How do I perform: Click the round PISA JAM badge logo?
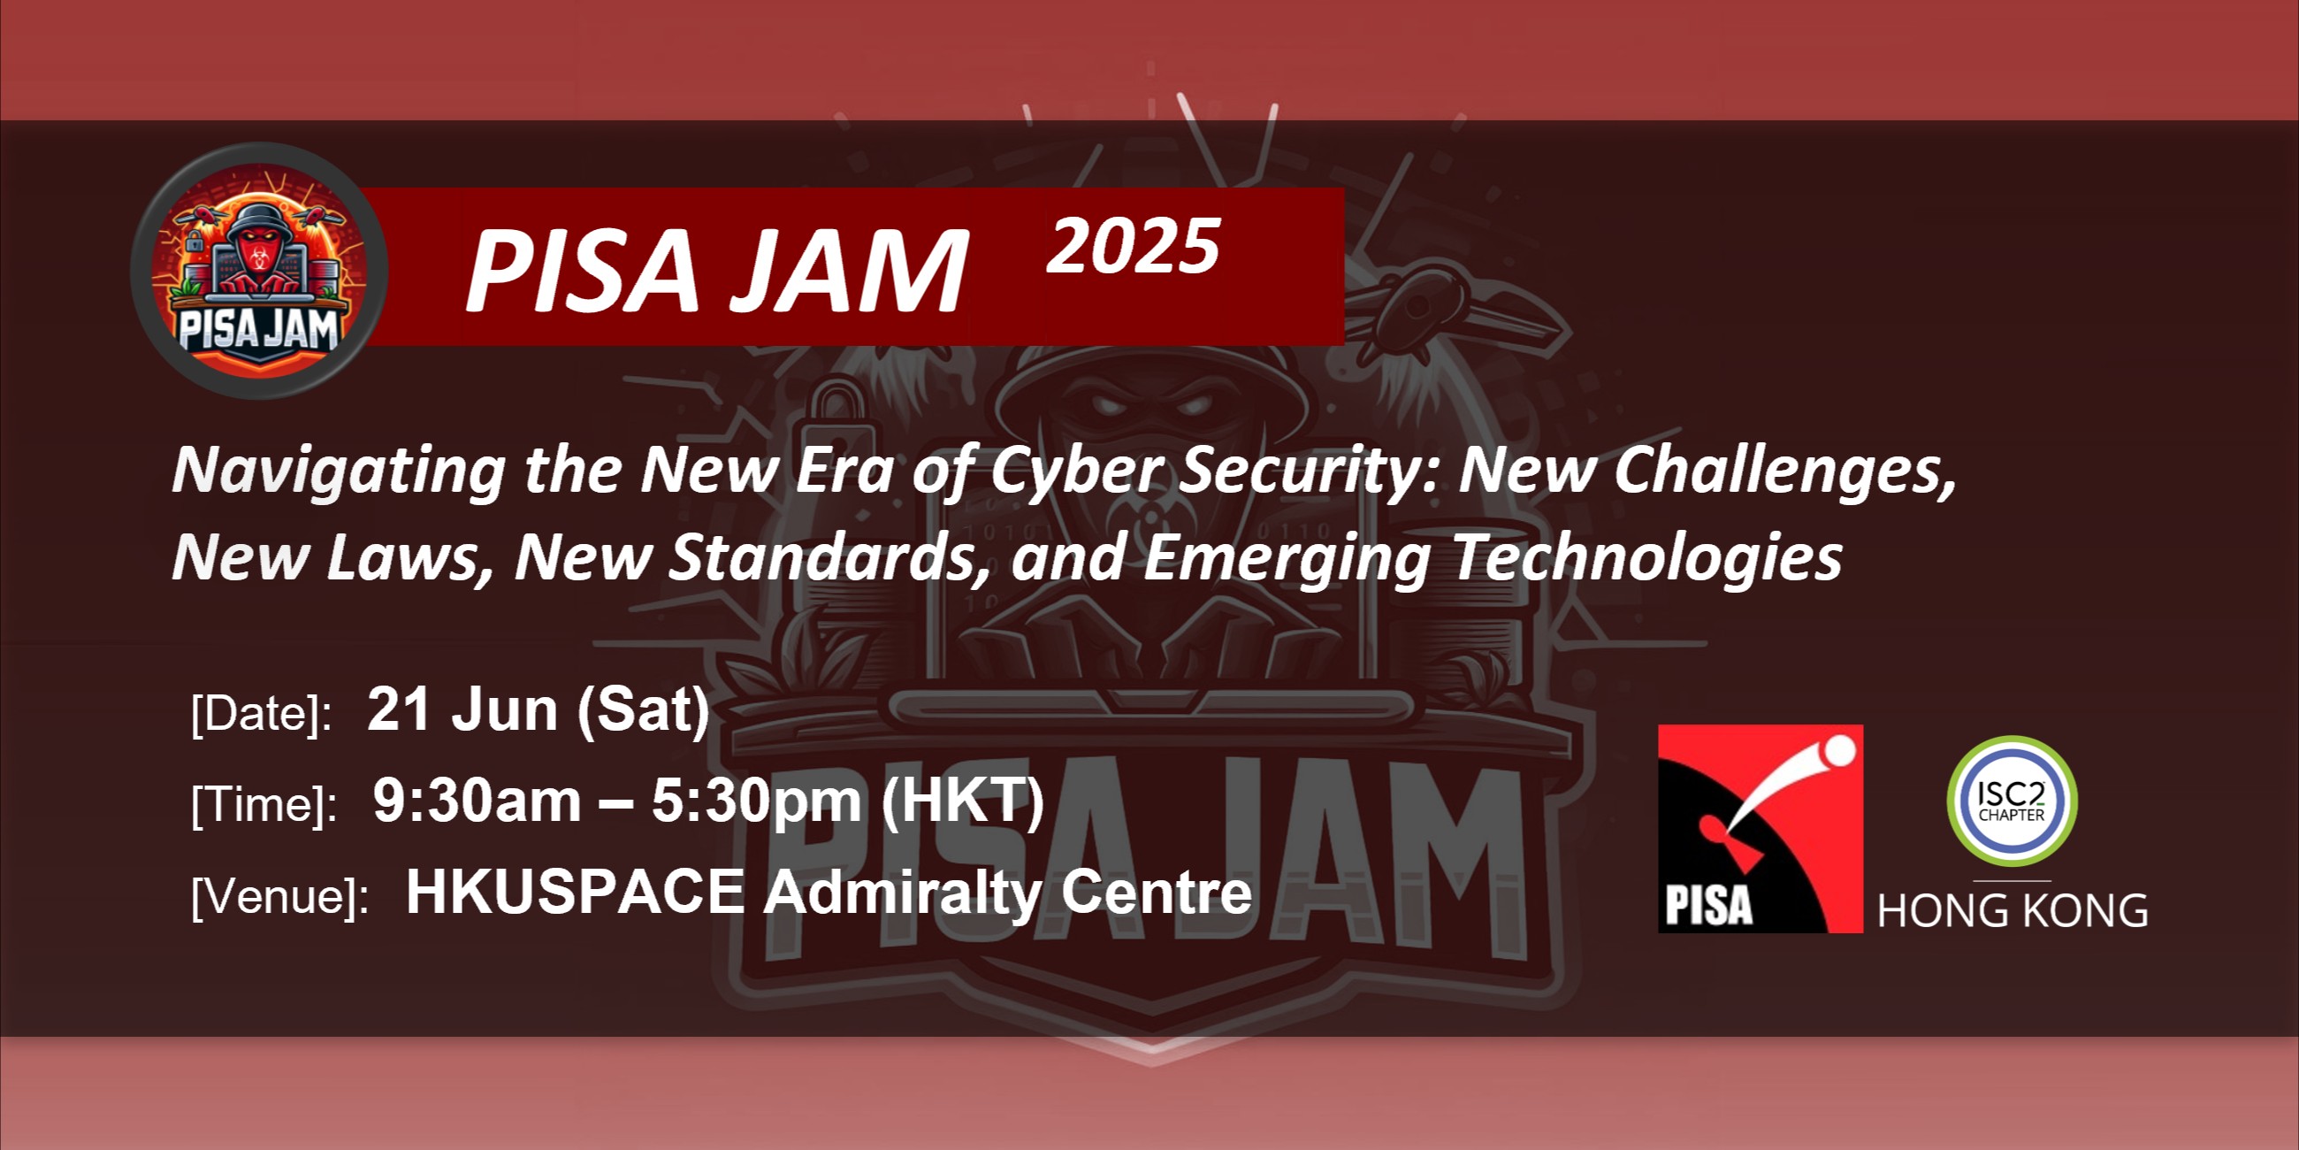(259, 271)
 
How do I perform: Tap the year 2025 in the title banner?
(1134, 247)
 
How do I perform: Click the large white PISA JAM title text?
(716, 270)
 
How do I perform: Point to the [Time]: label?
(264, 805)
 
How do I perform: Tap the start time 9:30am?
(477, 800)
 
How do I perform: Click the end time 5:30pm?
(757, 801)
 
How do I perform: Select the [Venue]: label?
(280, 895)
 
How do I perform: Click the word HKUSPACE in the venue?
(575, 892)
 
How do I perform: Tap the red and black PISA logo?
(1760, 829)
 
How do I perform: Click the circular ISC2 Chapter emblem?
(2012, 801)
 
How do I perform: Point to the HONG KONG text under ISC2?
(2013, 912)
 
